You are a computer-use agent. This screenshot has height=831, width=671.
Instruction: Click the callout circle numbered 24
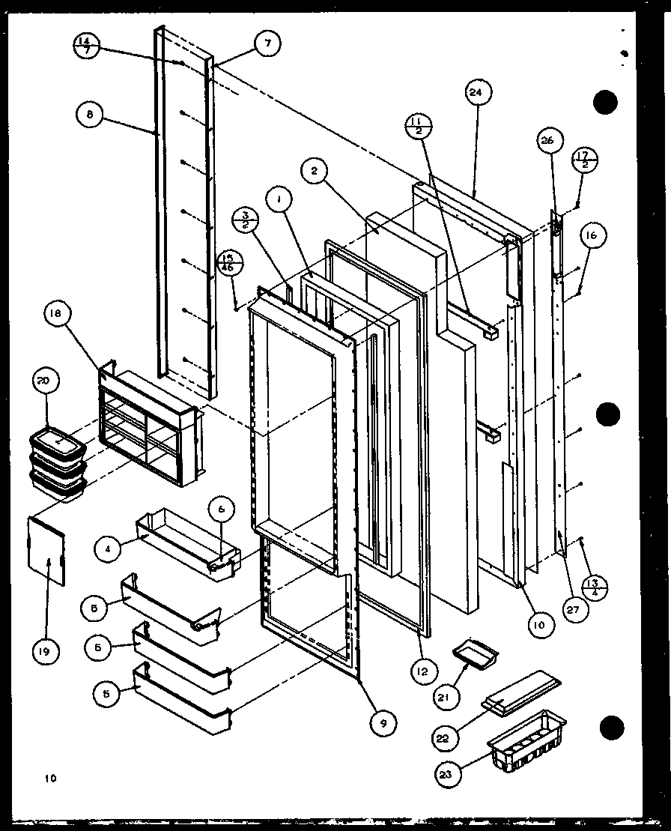point(477,93)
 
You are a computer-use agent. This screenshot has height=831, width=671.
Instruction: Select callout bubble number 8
point(90,115)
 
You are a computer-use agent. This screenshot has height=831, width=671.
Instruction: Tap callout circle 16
point(592,235)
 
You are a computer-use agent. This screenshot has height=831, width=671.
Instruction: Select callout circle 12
point(423,672)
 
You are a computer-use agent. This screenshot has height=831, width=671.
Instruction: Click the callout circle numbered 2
point(315,172)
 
